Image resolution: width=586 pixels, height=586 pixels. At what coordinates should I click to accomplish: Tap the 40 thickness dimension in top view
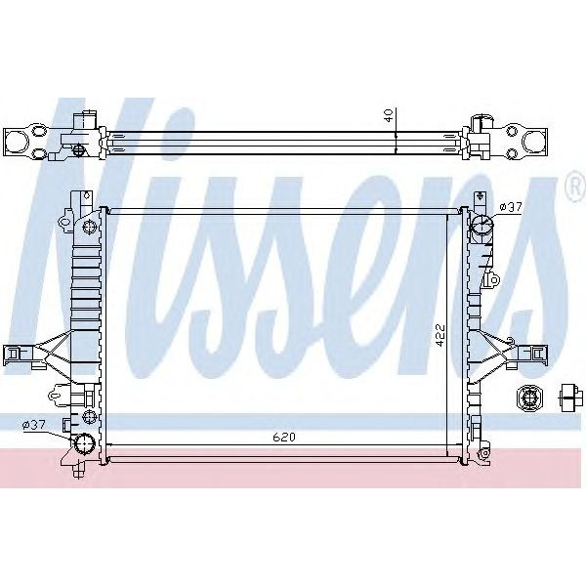tap(388, 115)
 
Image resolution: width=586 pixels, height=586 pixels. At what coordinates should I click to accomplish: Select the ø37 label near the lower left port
tap(34, 424)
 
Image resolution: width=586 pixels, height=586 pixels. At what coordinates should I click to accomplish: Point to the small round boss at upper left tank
tap(90, 228)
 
